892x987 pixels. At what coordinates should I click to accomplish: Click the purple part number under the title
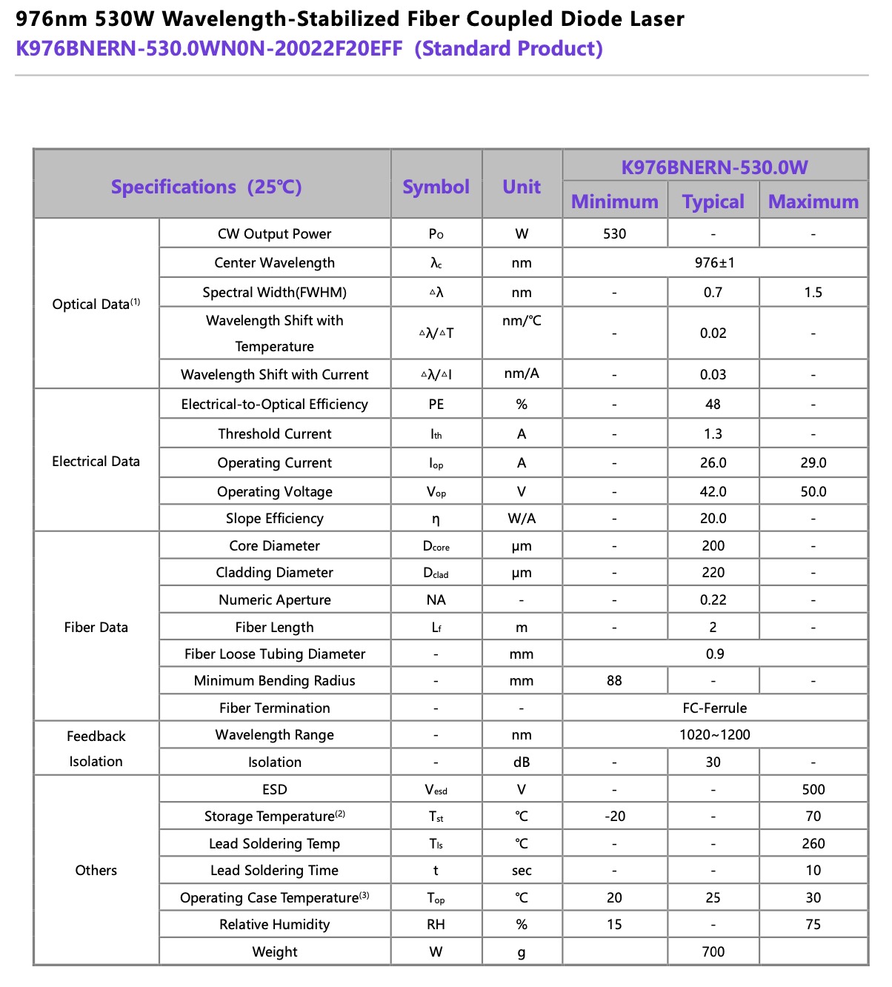(x=209, y=49)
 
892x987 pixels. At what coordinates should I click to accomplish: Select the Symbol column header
(x=436, y=187)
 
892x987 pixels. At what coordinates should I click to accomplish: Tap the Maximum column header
(x=813, y=202)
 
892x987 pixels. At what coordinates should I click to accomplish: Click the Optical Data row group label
(x=96, y=304)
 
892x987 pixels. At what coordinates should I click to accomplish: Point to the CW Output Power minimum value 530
(x=614, y=234)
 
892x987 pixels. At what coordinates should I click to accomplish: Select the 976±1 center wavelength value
(x=714, y=263)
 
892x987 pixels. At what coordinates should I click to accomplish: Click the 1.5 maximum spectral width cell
(x=813, y=293)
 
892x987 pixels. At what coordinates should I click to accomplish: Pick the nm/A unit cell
(x=522, y=373)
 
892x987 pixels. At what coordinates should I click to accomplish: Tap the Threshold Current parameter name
(x=274, y=434)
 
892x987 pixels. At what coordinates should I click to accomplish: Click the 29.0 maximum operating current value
(x=813, y=463)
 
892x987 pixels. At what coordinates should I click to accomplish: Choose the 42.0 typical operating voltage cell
(x=713, y=492)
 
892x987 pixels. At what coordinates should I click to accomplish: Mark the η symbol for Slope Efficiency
(x=436, y=519)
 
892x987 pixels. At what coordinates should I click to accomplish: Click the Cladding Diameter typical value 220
(x=713, y=573)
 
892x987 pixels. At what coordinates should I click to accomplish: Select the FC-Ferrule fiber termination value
(x=714, y=708)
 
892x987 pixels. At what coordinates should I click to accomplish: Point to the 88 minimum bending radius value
(x=614, y=681)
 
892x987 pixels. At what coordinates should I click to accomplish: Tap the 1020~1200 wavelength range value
(x=714, y=735)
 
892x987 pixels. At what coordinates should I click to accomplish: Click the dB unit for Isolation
(x=522, y=762)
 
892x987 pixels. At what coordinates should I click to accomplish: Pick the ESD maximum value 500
(x=813, y=790)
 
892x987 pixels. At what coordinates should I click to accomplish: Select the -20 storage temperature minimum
(x=614, y=817)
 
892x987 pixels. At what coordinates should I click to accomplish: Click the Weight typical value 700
(x=713, y=952)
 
